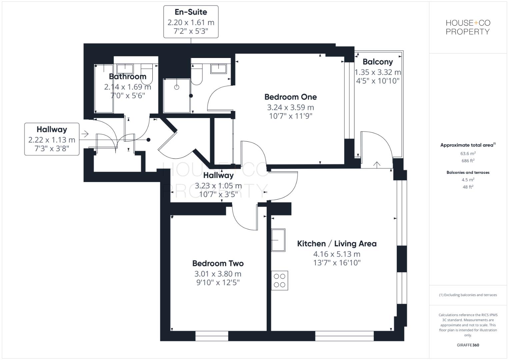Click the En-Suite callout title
coord(191,12)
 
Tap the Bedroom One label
coord(290,97)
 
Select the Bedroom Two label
coord(218,263)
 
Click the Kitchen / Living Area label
coord(337,244)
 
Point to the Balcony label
coord(378,62)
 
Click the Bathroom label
coord(127,76)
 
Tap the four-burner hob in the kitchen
coord(279,280)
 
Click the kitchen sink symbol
coord(278,240)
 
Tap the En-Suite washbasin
coord(218,68)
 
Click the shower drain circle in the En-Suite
coord(177,87)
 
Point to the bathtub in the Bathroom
coord(104,88)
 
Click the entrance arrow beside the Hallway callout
coord(85,134)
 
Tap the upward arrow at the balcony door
coord(377,164)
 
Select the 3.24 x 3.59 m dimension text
coord(290,107)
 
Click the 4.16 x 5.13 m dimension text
coord(337,254)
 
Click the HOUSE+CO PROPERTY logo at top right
coord(468,27)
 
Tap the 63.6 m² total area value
coord(468,154)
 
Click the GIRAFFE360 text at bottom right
coord(468,345)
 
